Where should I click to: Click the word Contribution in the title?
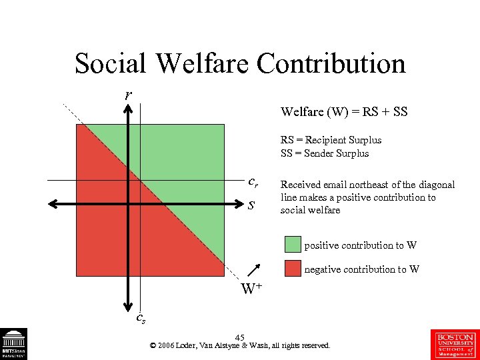pyautogui.click(x=331, y=64)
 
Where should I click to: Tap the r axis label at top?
pyautogui.click(x=127, y=94)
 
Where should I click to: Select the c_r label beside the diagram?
pyautogui.click(x=253, y=181)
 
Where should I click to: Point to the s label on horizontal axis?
pyautogui.click(x=251, y=204)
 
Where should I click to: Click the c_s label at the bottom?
pyautogui.click(x=141, y=318)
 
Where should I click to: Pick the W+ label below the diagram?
pyautogui.click(x=251, y=289)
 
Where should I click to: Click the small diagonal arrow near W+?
pyautogui.click(x=253, y=270)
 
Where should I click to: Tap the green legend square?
pyautogui.click(x=293, y=245)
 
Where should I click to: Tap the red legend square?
pyautogui.click(x=293, y=269)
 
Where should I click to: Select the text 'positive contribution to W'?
pyautogui.click(x=361, y=245)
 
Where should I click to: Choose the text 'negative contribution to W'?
pyautogui.click(x=362, y=269)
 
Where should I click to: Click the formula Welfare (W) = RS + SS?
pyautogui.click(x=344, y=112)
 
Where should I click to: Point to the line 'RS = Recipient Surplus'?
pyautogui.click(x=331, y=140)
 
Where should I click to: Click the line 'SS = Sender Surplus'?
pyautogui.click(x=324, y=153)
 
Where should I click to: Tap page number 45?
pyautogui.click(x=240, y=337)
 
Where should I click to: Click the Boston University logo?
pyautogui.click(x=455, y=344)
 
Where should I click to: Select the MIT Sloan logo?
pyautogui.click(x=13, y=344)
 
